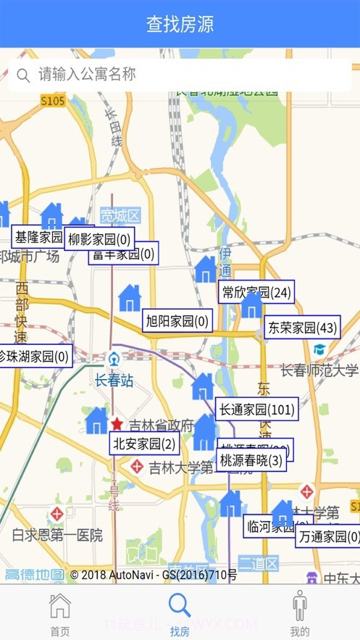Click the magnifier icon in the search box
pos(23,75)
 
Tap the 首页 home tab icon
pos(60,606)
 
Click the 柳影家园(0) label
pos(99,239)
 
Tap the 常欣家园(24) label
pos(256,292)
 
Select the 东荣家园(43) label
pos(302,328)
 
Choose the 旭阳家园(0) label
pos(177,320)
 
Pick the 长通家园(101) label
pos(257,410)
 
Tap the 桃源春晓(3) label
pos(251,460)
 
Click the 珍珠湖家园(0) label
pos(34,356)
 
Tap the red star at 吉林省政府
pos(117,424)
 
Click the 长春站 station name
pos(114,380)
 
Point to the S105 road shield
pos(53,101)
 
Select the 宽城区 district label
pos(120,215)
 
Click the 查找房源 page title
pos(180,24)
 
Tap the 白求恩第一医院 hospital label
pos(57,536)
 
